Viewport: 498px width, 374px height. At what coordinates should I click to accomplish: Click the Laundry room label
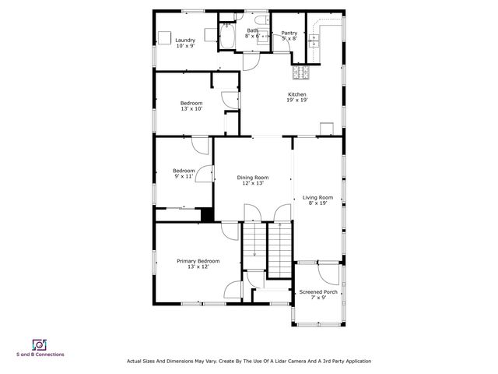pos(184,41)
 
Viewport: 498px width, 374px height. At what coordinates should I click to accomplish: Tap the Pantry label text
pos(289,33)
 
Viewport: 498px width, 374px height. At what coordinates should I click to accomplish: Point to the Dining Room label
pos(253,178)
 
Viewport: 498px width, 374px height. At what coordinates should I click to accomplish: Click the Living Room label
pos(317,198)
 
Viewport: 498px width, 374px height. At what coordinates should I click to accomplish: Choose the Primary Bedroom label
pos(198,261)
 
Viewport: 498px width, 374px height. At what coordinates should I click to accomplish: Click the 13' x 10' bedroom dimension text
pos(191,109)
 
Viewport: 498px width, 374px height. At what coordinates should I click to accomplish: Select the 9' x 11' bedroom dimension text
pos(184,177)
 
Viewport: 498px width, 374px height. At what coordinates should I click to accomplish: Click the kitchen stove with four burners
pos(301,73)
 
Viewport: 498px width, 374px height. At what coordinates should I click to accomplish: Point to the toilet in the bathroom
pos(261,22)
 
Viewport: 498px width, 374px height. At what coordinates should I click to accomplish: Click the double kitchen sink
pos(316,40)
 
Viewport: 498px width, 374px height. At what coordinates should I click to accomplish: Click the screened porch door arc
pos(330,272)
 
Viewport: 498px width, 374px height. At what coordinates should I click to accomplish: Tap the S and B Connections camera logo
pos(40,344)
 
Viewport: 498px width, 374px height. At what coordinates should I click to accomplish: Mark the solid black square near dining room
pos(207,215)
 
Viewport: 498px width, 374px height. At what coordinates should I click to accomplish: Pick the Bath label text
pos(253,30)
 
